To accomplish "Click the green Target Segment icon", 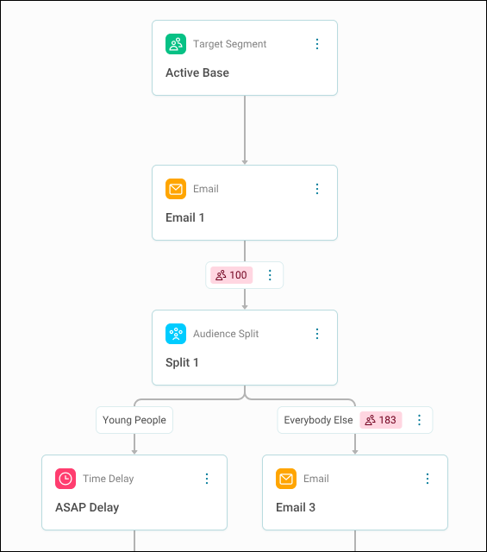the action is coord(176,44).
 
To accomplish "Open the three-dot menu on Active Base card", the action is coord(317,44).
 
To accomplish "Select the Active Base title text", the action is coord(197,72).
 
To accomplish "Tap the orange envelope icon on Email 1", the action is coord(176,189).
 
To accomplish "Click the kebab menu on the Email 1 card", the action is coord(317,189).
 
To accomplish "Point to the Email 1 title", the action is coord(184,217).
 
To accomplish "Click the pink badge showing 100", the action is coord(231,275).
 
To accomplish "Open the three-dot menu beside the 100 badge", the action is coord(270,275).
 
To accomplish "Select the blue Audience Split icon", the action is coord(176,334).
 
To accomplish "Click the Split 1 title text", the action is coord(182,362).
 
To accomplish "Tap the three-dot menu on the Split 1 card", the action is coord(317,334).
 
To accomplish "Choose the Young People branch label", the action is coord(134,420).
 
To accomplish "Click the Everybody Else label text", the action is coord(318,420).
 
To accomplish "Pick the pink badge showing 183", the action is coord(381,420).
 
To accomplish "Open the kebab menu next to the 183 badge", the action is coord(419,420).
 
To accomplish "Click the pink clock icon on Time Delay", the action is coord(66,479).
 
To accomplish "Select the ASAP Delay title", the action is coord(87,507).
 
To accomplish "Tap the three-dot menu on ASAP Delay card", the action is coord(207,479).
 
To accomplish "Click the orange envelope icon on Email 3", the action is coord(286,479).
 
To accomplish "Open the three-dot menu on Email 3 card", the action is coord(428,479).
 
